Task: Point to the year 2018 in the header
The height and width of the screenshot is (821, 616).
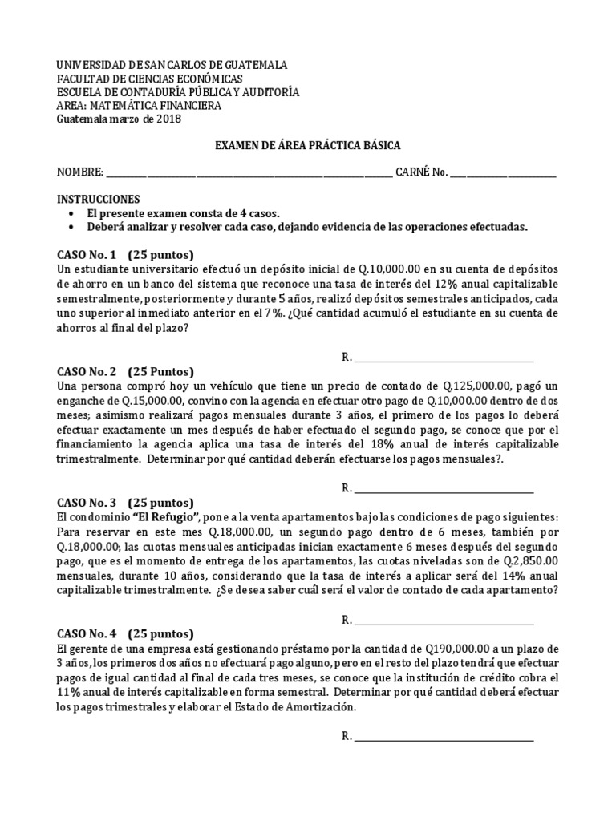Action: click(169, 119)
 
